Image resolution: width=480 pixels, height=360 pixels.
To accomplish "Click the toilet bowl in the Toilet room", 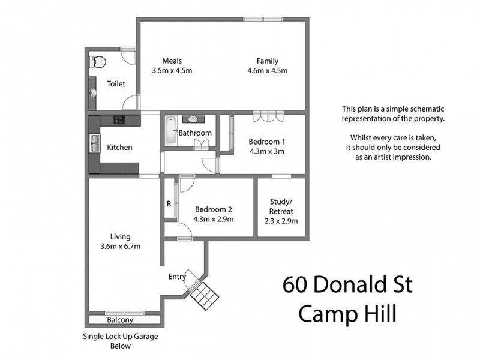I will click(x=99, y=61).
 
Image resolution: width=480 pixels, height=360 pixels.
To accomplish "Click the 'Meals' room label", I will click(x=172, y=61).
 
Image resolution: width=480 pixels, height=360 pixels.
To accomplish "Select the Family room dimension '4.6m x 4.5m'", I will click(x=268, y=71).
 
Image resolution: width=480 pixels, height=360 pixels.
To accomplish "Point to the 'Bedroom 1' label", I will click(x=266, y=142).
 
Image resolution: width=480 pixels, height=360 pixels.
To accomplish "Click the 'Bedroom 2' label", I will click(x=213, y=209).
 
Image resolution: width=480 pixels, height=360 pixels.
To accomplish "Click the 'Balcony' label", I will click(x=120, y=320).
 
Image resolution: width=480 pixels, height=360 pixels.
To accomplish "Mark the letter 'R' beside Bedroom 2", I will click(x=169, y=203).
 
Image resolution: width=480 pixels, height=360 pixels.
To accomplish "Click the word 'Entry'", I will click(x=177, y=277).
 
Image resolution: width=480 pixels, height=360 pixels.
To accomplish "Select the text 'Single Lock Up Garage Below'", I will click(x=120, y=341).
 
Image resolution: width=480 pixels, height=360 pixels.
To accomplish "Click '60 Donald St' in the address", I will click(x=347, y=284).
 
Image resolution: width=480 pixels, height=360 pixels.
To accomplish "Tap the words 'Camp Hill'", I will click(x=347, y=313).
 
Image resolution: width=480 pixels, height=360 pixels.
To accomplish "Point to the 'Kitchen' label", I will click(x=119, y=147).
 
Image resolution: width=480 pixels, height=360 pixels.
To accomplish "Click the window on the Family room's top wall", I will click(x=263, y=19).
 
